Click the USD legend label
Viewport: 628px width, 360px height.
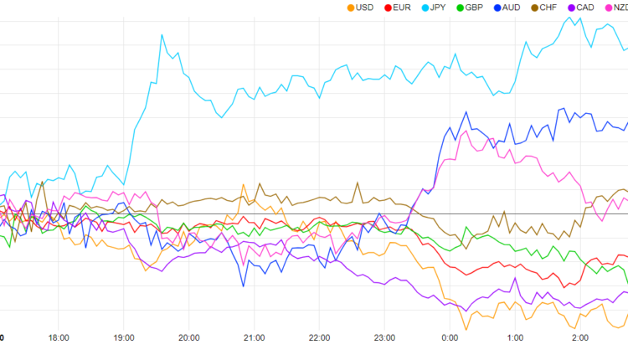(364, 8)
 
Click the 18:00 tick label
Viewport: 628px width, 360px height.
(59, 338)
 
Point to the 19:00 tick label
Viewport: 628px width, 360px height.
(124, 338)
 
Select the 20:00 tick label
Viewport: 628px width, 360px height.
(189, 338)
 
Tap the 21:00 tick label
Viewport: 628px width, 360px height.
(255, 338)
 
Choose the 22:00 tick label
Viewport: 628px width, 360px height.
(319, 338)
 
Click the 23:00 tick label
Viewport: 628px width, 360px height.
(384, 338)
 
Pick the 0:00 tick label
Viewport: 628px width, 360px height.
(450, 338)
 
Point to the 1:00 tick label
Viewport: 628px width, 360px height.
(515, 338)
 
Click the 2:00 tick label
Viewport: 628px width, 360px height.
(580, 338)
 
